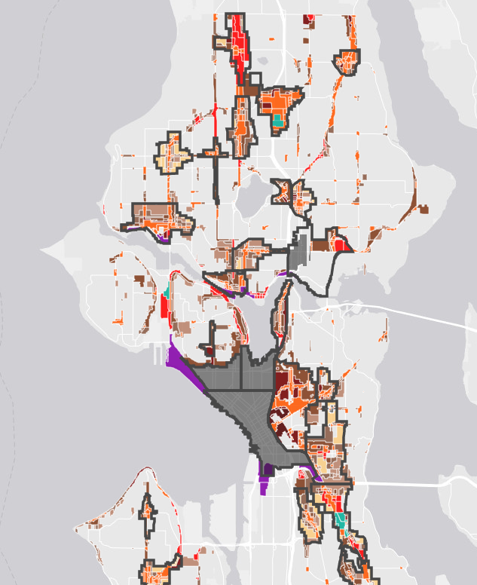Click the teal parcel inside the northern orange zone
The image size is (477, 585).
[x=278, y=118]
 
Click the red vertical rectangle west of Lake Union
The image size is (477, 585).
[x=164, y=307]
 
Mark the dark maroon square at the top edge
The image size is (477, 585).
[x=306, y=20]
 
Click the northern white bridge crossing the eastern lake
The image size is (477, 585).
[x=392, y=308]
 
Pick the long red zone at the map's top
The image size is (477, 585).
[x=239, y=41]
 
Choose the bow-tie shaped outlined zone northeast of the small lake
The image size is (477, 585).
[x=292, y=193]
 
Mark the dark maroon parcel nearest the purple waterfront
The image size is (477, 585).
[x=207, y=351]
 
